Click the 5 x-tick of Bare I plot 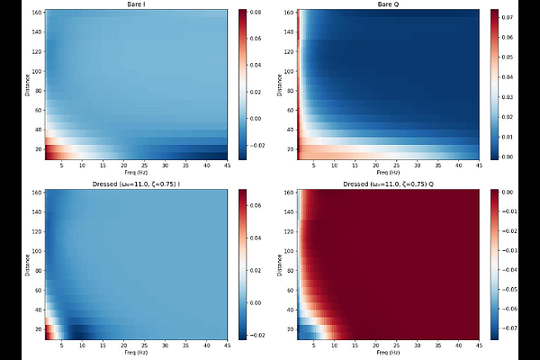point(59,166)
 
